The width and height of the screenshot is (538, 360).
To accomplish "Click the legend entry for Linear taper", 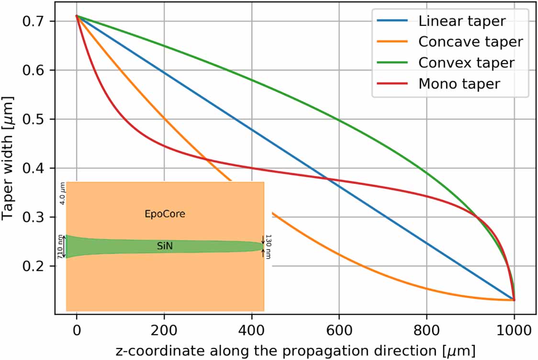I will (x=455, y=22).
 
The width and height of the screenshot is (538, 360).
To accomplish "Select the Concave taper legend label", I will (x=470, y=42).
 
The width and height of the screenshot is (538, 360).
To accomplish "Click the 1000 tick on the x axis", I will (x=514, y=330).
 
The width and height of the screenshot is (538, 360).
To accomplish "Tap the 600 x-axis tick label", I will (x=339, y=330).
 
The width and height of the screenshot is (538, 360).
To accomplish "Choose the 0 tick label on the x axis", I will (x=77, y=330).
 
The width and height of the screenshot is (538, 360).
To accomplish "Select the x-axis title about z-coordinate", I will (x=295, y=350).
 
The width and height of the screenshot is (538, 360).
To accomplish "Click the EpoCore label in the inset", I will (x=165, y=214).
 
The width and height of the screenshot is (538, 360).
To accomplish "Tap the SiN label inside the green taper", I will (x=164, y=246).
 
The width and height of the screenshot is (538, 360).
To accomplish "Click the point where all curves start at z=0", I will (x=77, y=16).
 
